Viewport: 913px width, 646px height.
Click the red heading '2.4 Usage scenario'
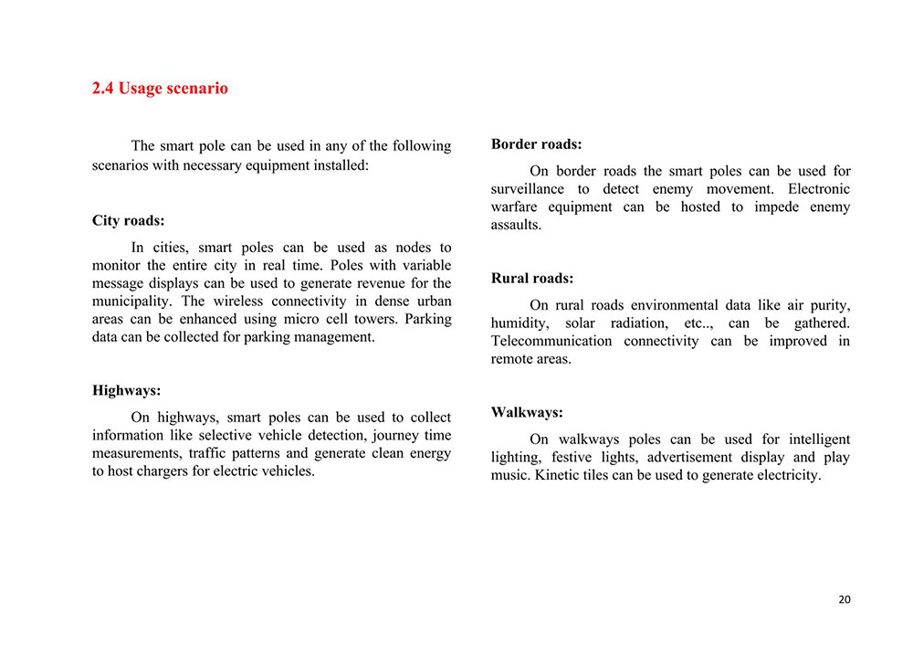point(160,89)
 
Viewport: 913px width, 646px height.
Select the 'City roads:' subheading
point(129,221)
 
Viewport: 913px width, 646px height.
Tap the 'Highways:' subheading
point(126,391)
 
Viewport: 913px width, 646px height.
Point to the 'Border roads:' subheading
point(536,144)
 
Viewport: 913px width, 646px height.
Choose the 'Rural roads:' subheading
point(532,279)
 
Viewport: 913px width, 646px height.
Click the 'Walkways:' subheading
point(527,413)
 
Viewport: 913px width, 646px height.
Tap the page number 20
point(844,599)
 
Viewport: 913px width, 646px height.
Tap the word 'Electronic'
point(818,189)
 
